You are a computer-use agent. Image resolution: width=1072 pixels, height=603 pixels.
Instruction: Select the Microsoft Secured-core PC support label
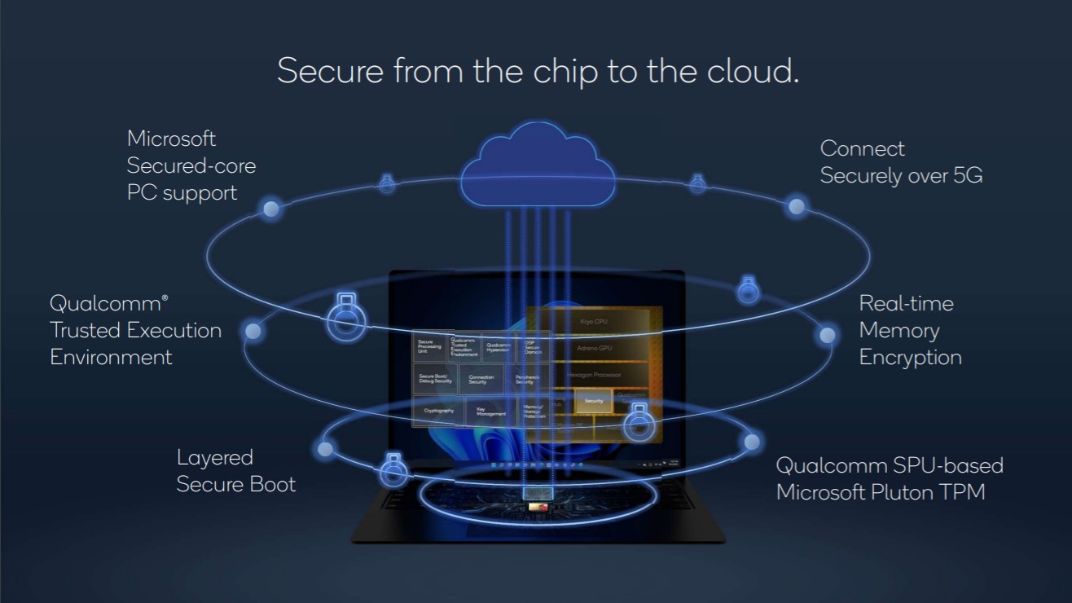(191, 165)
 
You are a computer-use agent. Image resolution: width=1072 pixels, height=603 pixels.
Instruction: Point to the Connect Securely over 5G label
(901, 162)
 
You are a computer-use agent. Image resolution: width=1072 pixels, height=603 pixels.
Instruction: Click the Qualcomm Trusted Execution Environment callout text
(135, 330)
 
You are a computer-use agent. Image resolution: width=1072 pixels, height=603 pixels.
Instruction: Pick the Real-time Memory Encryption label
(910, 330)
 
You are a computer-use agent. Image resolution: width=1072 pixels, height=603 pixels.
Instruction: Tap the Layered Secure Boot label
(235, 470)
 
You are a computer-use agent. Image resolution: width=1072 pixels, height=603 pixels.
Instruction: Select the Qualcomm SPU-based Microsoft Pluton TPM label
(889, 478)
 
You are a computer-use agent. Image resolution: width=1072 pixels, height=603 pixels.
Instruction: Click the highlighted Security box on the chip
(593, 401)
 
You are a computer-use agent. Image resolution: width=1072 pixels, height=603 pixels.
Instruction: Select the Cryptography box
(438, 411)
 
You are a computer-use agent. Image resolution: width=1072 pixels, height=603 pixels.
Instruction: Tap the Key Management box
(490, 412)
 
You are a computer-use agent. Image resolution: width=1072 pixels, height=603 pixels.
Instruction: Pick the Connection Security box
(481, 380)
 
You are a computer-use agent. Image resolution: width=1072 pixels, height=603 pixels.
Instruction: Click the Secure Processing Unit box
(429, 347)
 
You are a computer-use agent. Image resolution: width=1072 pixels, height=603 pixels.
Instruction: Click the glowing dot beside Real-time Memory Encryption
(827, 334)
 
